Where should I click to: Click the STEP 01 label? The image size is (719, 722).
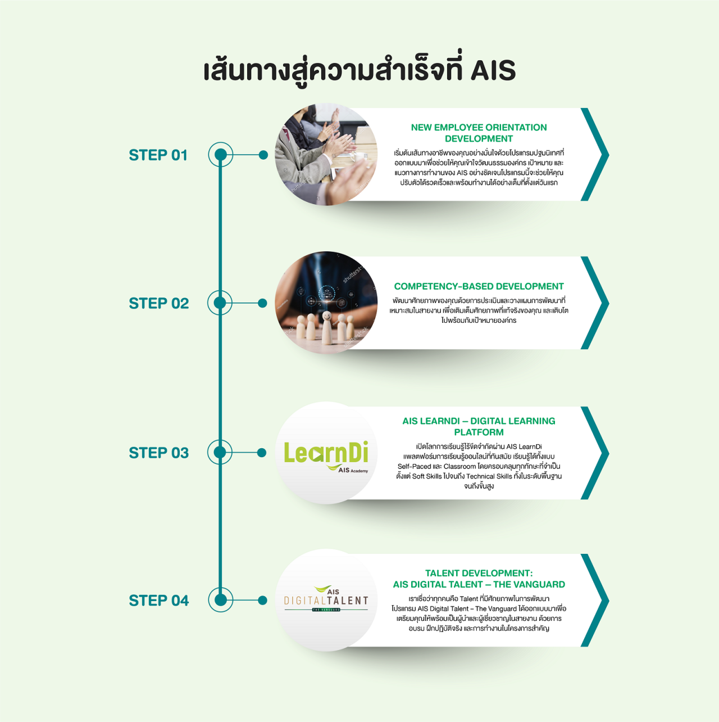coord(158,155)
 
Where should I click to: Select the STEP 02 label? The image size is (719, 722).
coord(159,304)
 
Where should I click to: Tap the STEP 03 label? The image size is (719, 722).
coord(159,453)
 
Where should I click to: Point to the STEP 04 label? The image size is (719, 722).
coord(159,601)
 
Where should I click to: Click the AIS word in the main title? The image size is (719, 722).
coord(493,70)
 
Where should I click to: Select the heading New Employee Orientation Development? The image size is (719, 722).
coord(479,133)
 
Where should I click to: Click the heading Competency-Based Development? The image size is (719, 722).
coord(479,286)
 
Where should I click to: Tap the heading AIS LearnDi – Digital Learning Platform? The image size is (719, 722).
coord(479,426)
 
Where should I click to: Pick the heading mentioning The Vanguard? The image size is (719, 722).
coord(479,579)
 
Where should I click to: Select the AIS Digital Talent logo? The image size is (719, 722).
coord(326,599)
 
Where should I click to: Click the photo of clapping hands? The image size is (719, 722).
coord(326,155)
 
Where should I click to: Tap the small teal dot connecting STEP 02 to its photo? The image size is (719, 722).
coord(263,303)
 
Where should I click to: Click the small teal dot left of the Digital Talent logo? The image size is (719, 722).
coord(263,600)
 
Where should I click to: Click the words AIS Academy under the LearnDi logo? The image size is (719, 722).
coord(353,470)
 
